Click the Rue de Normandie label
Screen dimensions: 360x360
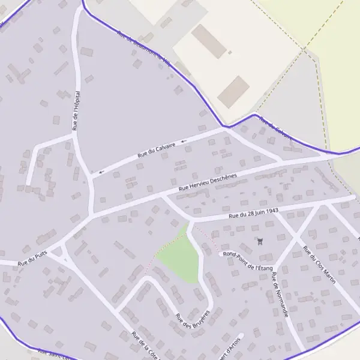pyautogui.click(x=280, y=295)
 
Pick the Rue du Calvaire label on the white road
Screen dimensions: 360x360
pyautogui.click(x=157, y=149)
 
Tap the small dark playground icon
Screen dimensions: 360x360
pyautogui.click(x=259, y=242)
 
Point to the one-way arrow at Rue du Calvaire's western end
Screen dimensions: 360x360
pyautogui.click(x=101, y=172)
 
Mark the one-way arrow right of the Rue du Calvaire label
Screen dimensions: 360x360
pyautogui.click(x=184, y=142)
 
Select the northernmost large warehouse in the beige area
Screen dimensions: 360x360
pyautogui.click(x=209, y=41)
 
